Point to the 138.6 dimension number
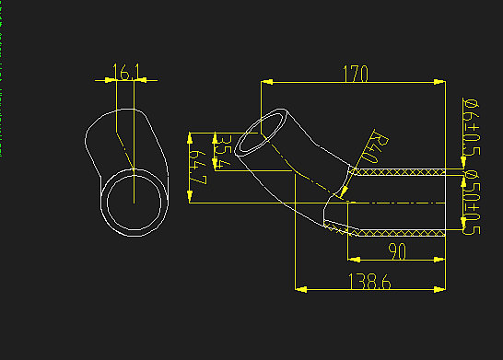pyautogui.click(x=369, y=283)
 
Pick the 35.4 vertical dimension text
pyautogui.click(x=221, y=151)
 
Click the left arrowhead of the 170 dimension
pyautogui.click(x=266, y=82)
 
